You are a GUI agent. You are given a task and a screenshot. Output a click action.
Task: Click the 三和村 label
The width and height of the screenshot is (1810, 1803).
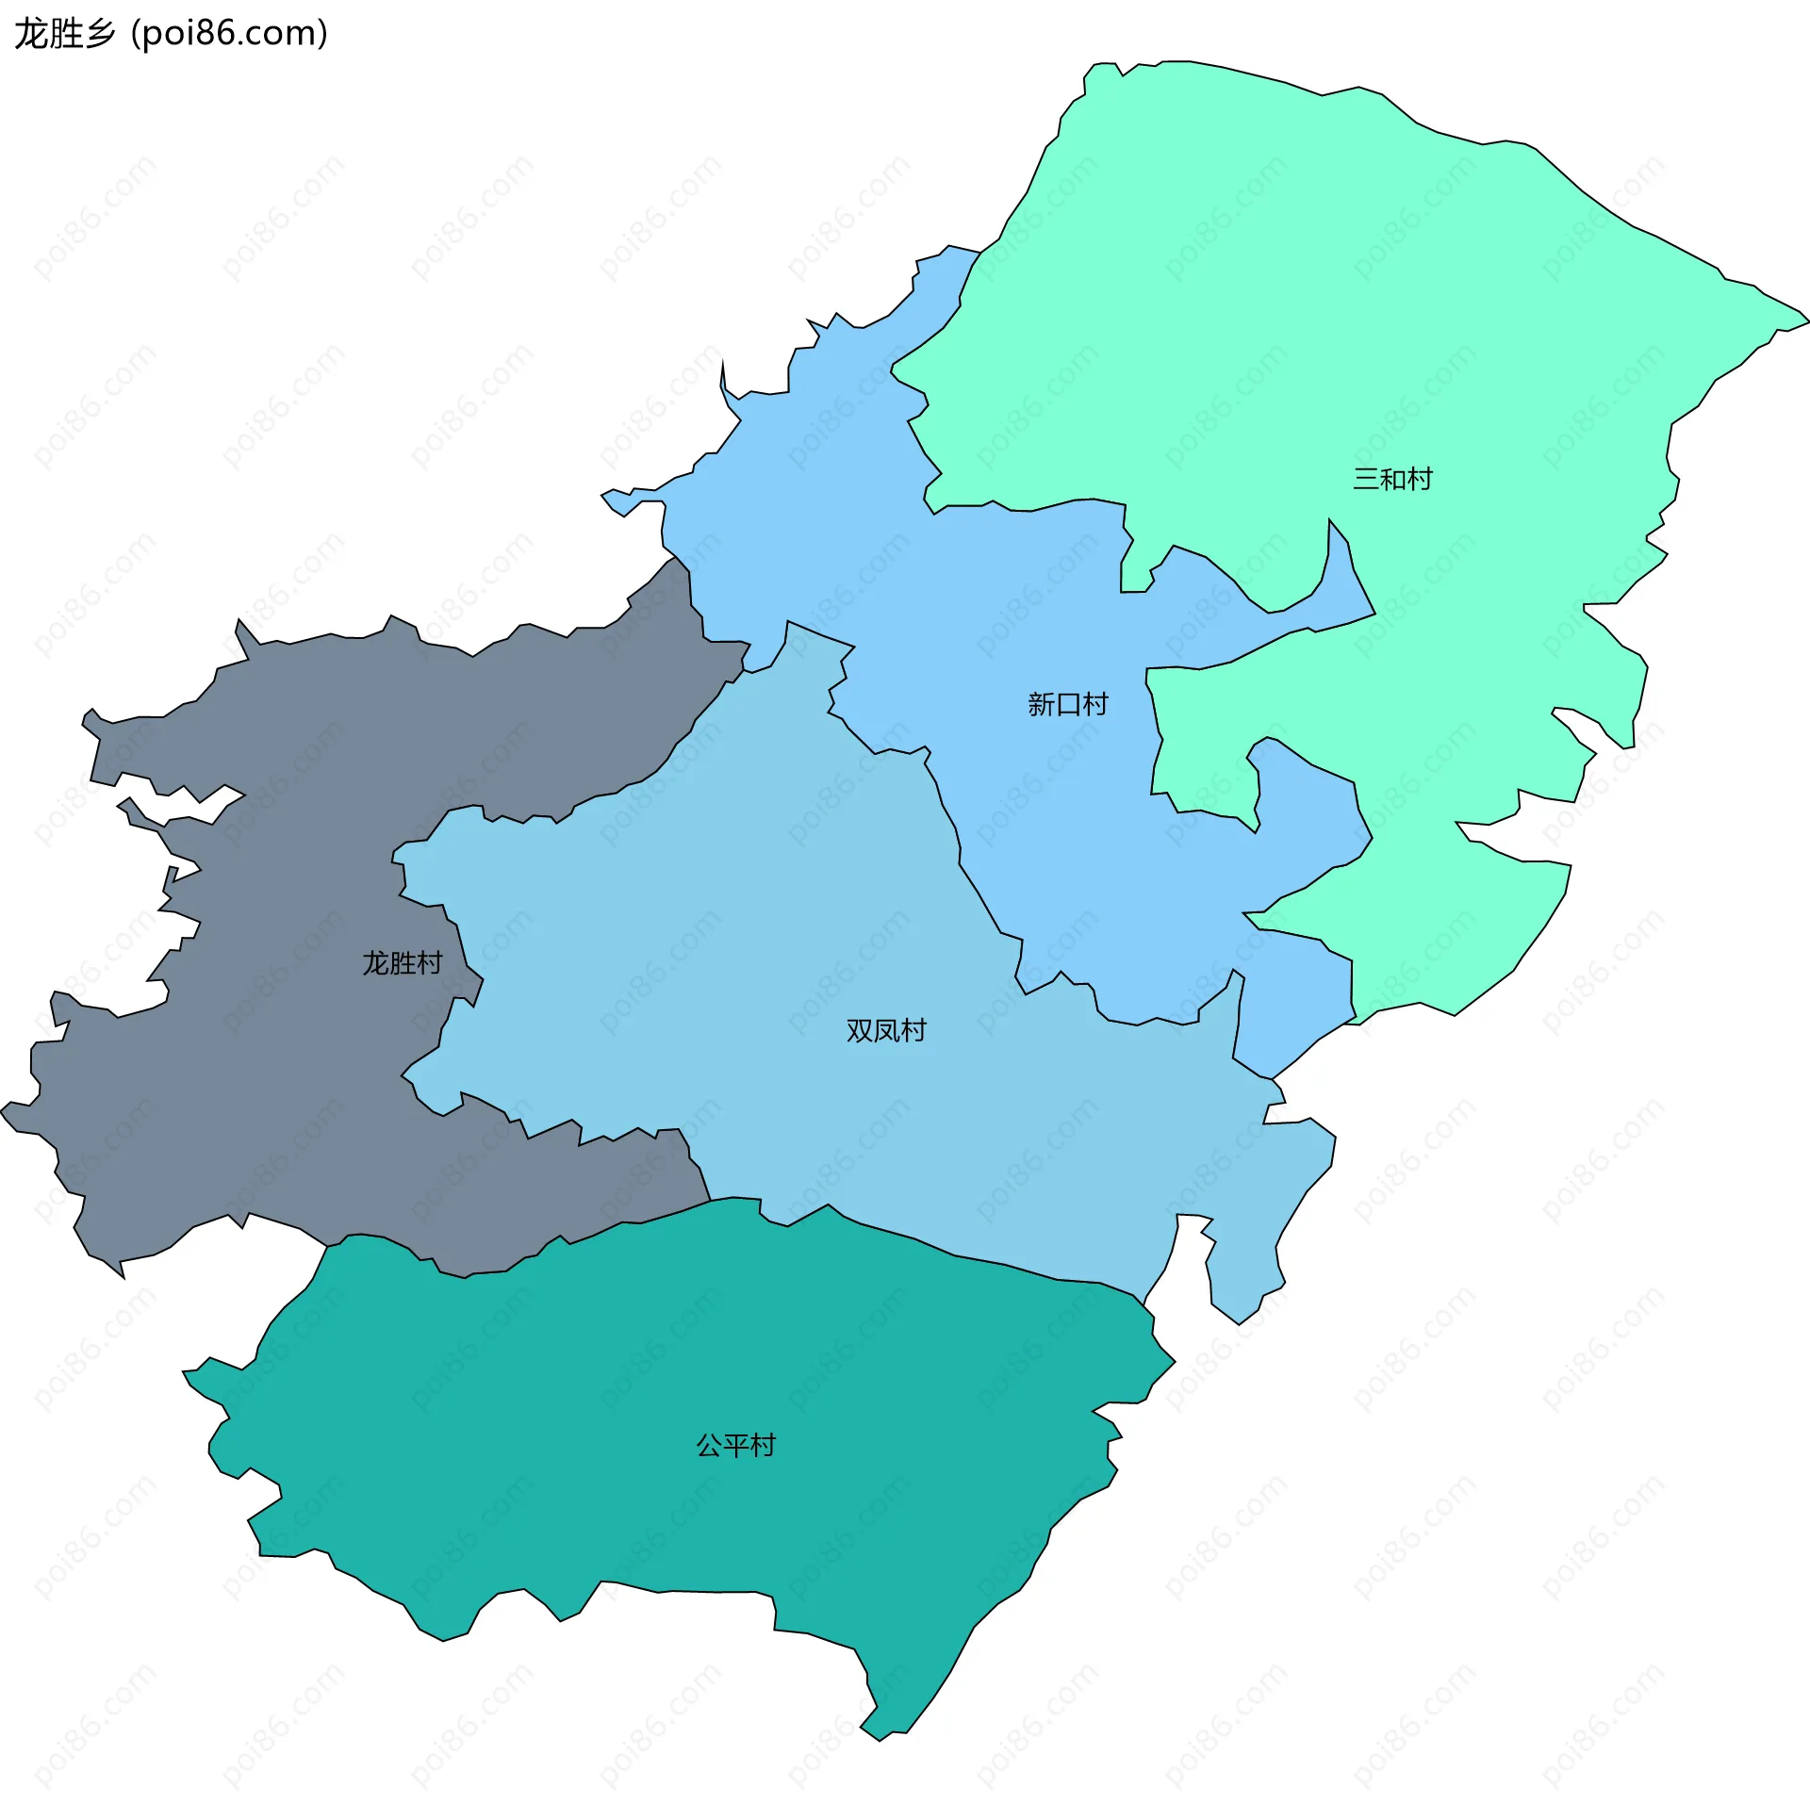pyautogui.click(x=1392, y=480)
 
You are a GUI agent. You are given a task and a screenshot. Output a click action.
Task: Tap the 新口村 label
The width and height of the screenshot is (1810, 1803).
pyautogui.click(x=1067, y=705)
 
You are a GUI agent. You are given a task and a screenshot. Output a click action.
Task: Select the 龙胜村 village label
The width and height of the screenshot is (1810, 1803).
pyautogui.click(x=403, y=963)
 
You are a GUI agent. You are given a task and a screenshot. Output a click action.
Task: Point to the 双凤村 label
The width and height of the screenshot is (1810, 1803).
pyautogui.click(x=886, y=1031)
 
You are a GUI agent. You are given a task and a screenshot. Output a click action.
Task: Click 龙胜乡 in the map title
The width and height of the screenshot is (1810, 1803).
pyautogui.click(x=64, y=34)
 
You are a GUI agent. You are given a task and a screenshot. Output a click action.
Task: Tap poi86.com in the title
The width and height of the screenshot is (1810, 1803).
pyautogui.click(x=229, y=34)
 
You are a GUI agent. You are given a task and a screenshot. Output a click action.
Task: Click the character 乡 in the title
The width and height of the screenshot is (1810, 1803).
pyautogui.click(x=99, y=34)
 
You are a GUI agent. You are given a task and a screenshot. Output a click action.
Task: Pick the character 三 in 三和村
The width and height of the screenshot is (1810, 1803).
pyautogui.click(x=1366, y=480)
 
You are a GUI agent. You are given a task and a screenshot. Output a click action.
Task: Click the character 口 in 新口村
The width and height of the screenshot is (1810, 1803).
pyautogui.click(x=1068, y=705)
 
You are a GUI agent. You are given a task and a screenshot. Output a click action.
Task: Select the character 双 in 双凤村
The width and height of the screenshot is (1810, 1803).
pyautogui.click(x=860, y=1031)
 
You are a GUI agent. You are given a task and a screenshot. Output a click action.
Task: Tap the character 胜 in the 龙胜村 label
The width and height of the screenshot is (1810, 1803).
pyautogui.click(x=403, y=963)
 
